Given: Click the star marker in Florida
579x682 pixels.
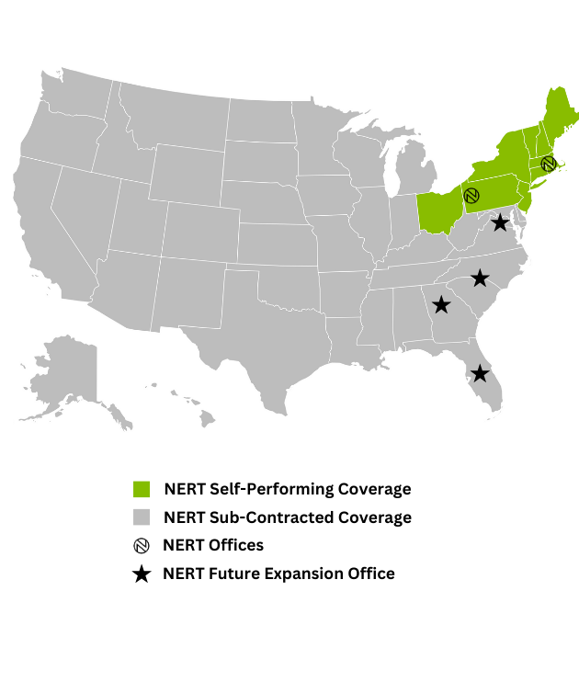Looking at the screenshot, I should click(x=480, y=373).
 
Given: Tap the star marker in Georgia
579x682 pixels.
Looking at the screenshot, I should click(x=441, y=304).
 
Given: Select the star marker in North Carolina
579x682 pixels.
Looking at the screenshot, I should click(x=480, y=278).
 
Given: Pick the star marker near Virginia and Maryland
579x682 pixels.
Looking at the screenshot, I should click(x=500, y=222).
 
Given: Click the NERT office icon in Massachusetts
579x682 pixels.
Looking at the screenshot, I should click(x=549, y=164).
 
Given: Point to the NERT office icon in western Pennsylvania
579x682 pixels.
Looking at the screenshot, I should click(x=471, y=196).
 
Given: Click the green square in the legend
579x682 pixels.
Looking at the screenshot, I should click(x=142, y=488).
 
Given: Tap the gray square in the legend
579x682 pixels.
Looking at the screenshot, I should click(x=142, y=517).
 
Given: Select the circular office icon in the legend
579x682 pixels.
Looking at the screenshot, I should click(x=142, y=545).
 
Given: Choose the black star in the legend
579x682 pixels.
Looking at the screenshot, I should click(x=142, y=574).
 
